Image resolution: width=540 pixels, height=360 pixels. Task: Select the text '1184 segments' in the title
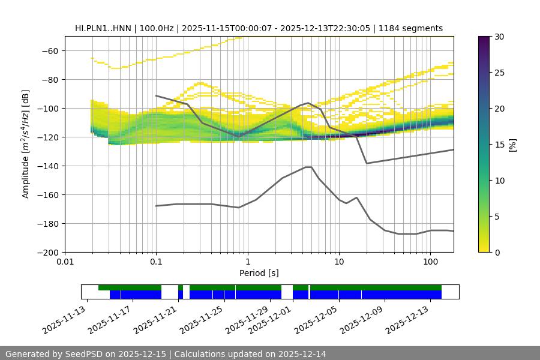[x=415, y=28]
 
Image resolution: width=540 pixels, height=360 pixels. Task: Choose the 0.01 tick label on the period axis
[x=65, y=262]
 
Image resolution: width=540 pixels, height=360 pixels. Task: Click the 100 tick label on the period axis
[x=430, y=262]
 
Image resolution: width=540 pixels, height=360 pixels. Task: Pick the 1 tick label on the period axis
[x=247, y=262]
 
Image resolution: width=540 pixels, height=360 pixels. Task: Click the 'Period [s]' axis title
[x=259, y=273]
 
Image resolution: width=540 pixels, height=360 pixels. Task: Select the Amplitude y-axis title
[x=25, y=144]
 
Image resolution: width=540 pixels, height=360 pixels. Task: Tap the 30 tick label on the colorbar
[x=499, y=37]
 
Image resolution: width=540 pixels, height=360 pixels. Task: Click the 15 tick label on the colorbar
[x=499, y=144]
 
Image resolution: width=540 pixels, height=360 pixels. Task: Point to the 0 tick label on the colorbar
[x=497, y=252]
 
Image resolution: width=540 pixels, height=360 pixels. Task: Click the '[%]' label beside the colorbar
[x=512, y=144]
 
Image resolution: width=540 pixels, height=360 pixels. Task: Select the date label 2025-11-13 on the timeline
[x=64, y=320]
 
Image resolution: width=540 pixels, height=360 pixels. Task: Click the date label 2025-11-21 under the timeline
[x=156, y=320]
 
